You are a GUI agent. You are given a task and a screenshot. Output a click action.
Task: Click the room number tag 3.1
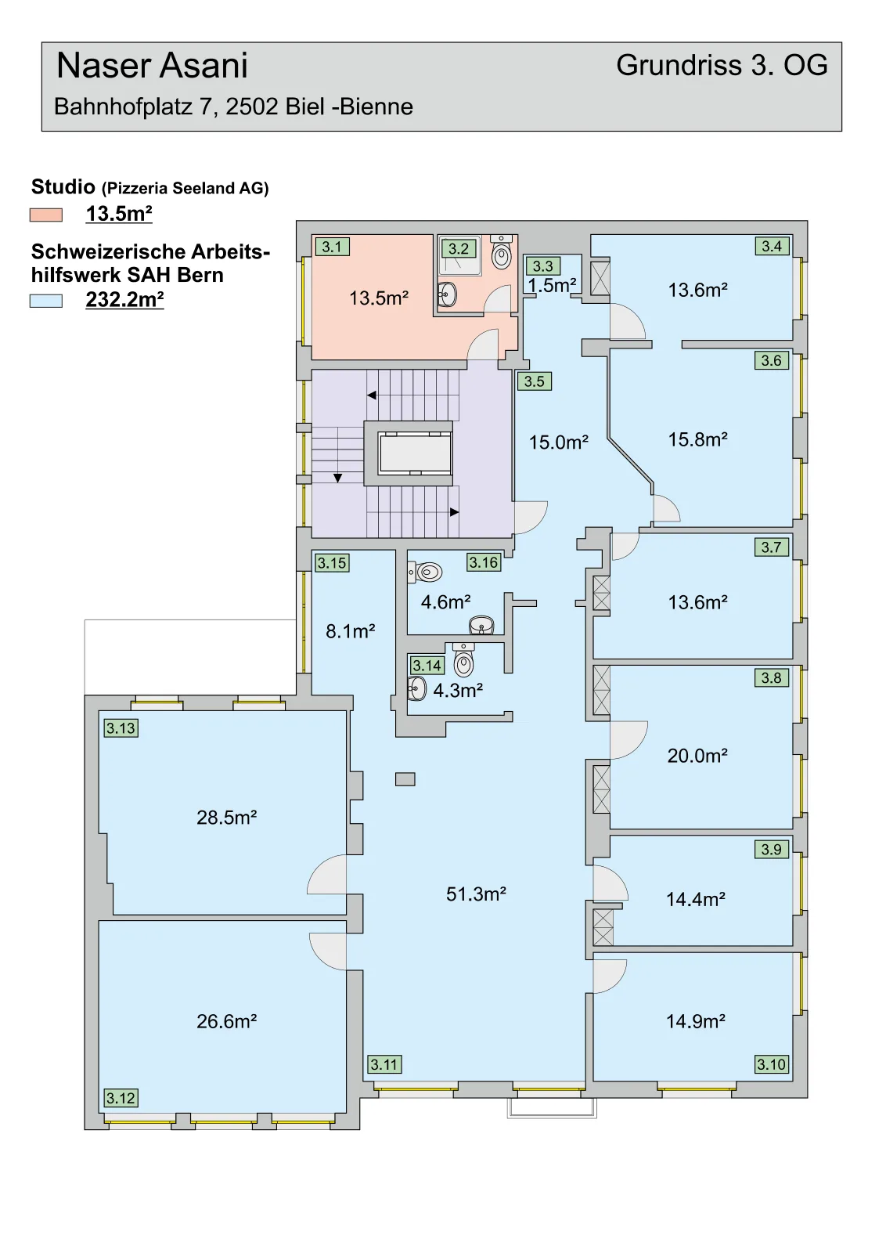[x=332, y=247]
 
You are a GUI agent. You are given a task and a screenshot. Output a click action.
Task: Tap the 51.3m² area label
[x=476, y=894]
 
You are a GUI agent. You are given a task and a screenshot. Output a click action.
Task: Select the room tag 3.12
[x=121, y=1098]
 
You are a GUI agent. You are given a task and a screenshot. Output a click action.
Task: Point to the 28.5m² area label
[x=226, y=818]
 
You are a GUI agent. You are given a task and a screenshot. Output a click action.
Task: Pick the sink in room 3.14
[x=416, y=688]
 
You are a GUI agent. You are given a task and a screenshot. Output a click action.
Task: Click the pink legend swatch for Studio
[x=46, y=215]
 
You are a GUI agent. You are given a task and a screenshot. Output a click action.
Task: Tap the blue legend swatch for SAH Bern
[x=46, y=301]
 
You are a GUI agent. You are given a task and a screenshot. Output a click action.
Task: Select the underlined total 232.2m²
[x=124, y=301]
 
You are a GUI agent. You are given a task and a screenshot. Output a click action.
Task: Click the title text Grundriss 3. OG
[x=722, y=66]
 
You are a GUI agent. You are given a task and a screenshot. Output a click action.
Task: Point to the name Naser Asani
[x=152, y=66]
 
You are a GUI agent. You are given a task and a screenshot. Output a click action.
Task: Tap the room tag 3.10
[x=772, y=1064]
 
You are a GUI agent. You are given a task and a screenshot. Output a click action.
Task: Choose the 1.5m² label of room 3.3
[x=553, y=285]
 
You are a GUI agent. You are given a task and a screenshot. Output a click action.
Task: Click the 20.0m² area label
[x=697, y=756]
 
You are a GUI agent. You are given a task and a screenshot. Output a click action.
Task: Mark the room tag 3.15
[x=332, y=563]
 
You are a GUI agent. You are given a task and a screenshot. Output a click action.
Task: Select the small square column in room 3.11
[x=405, y=778]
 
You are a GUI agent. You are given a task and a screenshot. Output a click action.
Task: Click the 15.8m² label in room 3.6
[x=697, y=439]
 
